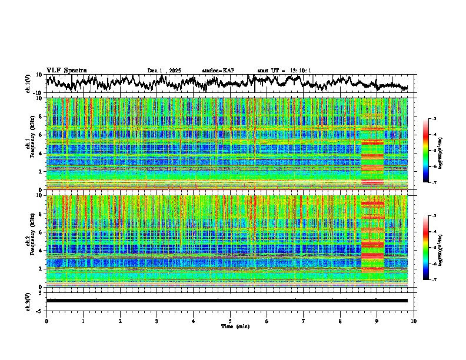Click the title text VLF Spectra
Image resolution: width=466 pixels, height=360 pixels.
[x=66, y=70]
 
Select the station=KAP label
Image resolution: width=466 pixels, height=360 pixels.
[x=218, y=71]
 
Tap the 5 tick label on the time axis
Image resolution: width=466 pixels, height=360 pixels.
[x=230, y=321]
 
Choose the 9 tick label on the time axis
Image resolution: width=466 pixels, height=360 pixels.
[x=377, y=321]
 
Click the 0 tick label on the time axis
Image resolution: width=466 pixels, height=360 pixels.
[x=46, y=321]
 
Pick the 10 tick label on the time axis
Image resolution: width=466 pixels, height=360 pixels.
[x=414, y=321]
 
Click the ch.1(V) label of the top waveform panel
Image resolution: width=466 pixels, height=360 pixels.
[x=28, y=84]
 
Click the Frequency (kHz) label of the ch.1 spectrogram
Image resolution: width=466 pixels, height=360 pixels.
[x=33, y=144]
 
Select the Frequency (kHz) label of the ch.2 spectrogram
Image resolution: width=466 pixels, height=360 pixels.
[x=33, y=241]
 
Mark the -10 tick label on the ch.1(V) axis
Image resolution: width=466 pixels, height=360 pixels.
[x=37, y=93]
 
